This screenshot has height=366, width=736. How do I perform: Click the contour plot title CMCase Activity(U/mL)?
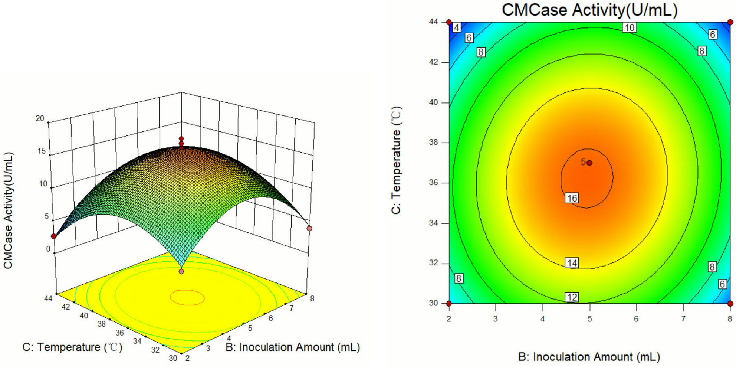coord(589,10)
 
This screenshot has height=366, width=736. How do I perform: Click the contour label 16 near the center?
coord(572,198)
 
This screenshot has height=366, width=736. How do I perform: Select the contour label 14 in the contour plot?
coord(572,263)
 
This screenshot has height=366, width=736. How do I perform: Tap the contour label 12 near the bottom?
coord(572,297)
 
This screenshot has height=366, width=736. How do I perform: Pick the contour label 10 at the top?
coord(629,27)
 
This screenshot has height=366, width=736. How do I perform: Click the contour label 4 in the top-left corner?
coord(457,27)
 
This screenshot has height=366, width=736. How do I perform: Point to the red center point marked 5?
coord(589,163)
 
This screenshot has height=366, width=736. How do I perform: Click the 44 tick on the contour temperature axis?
coord(434,22)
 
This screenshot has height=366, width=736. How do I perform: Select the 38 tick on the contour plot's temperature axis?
coord(434,143)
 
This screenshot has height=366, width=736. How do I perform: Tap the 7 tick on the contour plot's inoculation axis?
coord(683,318)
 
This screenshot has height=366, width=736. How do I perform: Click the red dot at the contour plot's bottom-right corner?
coord(730,304)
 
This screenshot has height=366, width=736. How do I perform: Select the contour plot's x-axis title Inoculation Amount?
coord(589,357)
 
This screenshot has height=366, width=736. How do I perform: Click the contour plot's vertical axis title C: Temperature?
coord(396,160)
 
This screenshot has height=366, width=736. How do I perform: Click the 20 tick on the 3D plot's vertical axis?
coord(40,118)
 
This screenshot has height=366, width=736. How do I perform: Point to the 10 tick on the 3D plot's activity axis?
coord(43,183)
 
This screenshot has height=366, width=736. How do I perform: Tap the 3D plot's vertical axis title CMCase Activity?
coord(8,210)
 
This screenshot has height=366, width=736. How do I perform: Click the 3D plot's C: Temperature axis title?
coord(72,347)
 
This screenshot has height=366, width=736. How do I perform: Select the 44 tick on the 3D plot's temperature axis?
coord(48,298)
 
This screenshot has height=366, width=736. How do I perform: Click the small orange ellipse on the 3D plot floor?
coord(187,297)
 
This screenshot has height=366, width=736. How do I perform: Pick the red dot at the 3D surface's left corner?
coord(54,236)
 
